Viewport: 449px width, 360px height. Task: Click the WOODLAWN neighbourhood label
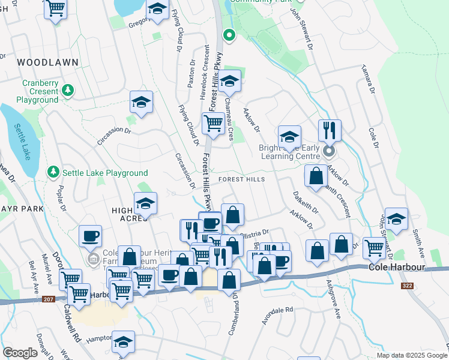tap(40, 62)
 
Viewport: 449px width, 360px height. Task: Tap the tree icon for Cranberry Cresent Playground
tap(68, 91)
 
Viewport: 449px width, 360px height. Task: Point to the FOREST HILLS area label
tap(241, 180)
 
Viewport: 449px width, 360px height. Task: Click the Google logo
tap(20, 353)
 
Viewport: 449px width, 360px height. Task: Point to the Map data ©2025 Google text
tap(411, 355)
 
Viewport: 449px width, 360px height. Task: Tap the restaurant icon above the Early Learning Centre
tap(330, 130)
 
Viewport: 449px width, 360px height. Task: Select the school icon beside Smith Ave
tap(396, 219)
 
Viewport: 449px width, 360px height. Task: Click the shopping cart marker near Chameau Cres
tap(213, 124)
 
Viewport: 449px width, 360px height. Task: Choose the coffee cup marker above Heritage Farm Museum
tap(90, 236)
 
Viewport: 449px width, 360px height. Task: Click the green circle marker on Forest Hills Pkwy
tap(229, 35)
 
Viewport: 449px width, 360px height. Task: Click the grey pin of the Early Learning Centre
tap(328, 151)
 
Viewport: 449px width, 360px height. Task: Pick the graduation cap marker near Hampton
tap(123, 342)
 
